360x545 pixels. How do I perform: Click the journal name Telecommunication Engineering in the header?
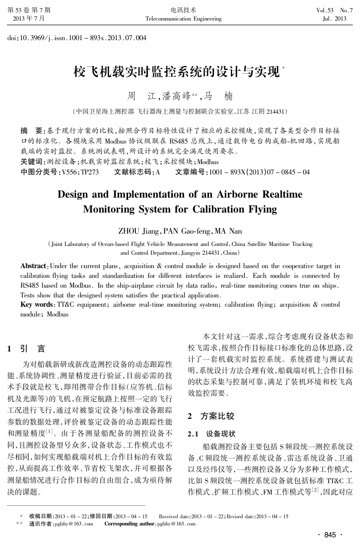[x=184, y=19]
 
